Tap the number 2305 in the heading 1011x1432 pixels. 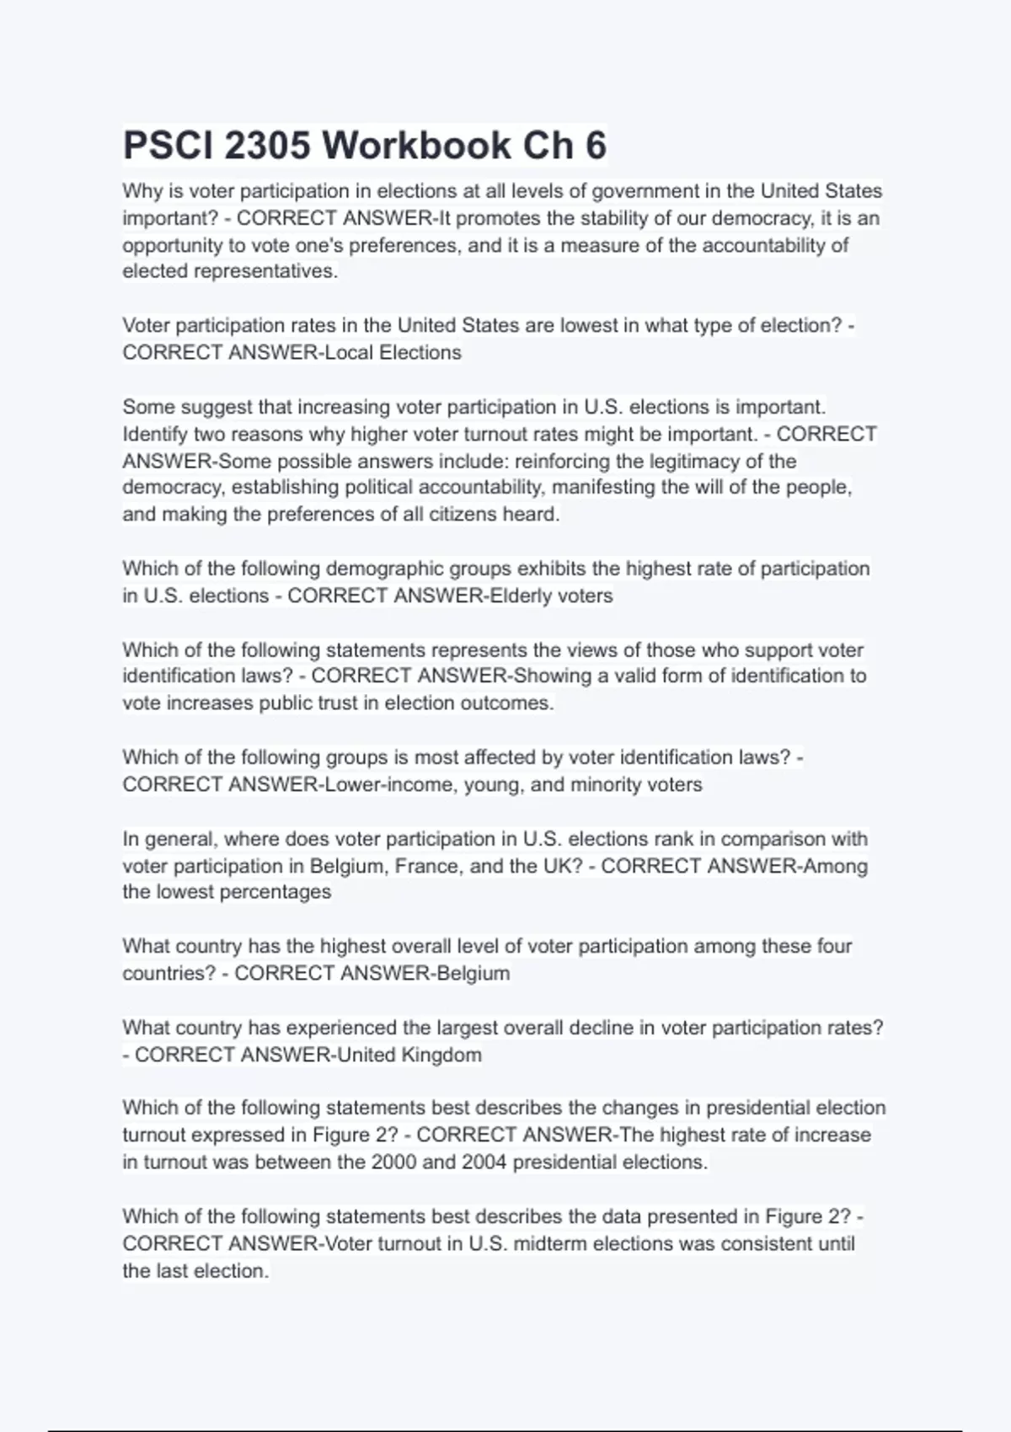267,145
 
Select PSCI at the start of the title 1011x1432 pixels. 168,145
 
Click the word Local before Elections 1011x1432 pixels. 349,352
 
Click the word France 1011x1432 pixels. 426,866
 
